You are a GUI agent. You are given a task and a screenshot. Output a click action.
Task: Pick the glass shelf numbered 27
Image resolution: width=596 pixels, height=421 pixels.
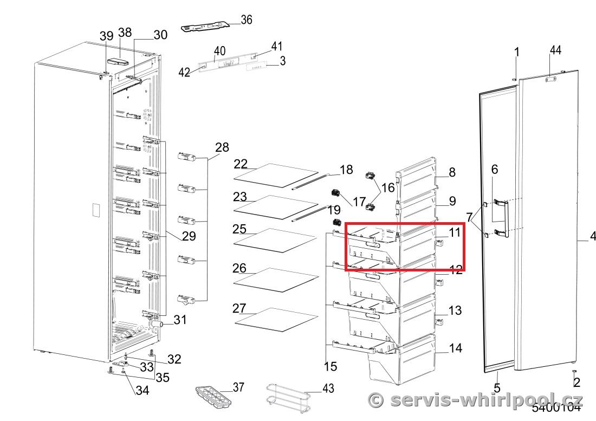(276, 319)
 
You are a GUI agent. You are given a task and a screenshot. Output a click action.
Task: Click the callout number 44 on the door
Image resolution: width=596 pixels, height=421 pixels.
(555, 50)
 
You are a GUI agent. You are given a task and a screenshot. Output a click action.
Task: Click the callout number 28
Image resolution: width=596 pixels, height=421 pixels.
(222, 147)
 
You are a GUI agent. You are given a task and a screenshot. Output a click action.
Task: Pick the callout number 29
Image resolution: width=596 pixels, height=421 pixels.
(189, 236)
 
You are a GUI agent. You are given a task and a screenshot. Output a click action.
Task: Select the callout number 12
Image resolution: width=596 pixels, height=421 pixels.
(456, 269)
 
